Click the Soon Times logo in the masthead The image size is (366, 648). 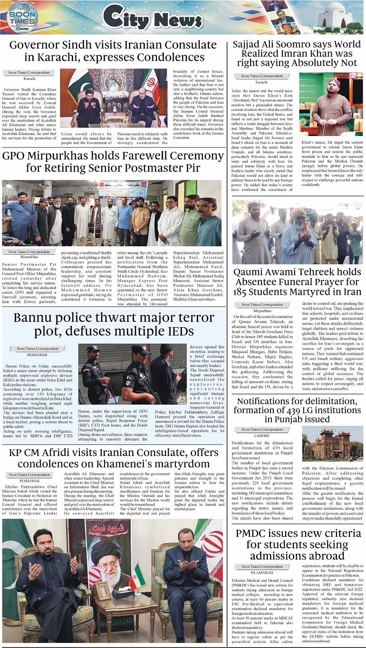point(23,17)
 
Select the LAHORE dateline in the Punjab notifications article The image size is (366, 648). point(262,435)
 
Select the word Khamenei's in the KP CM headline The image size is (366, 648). point(181,464)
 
